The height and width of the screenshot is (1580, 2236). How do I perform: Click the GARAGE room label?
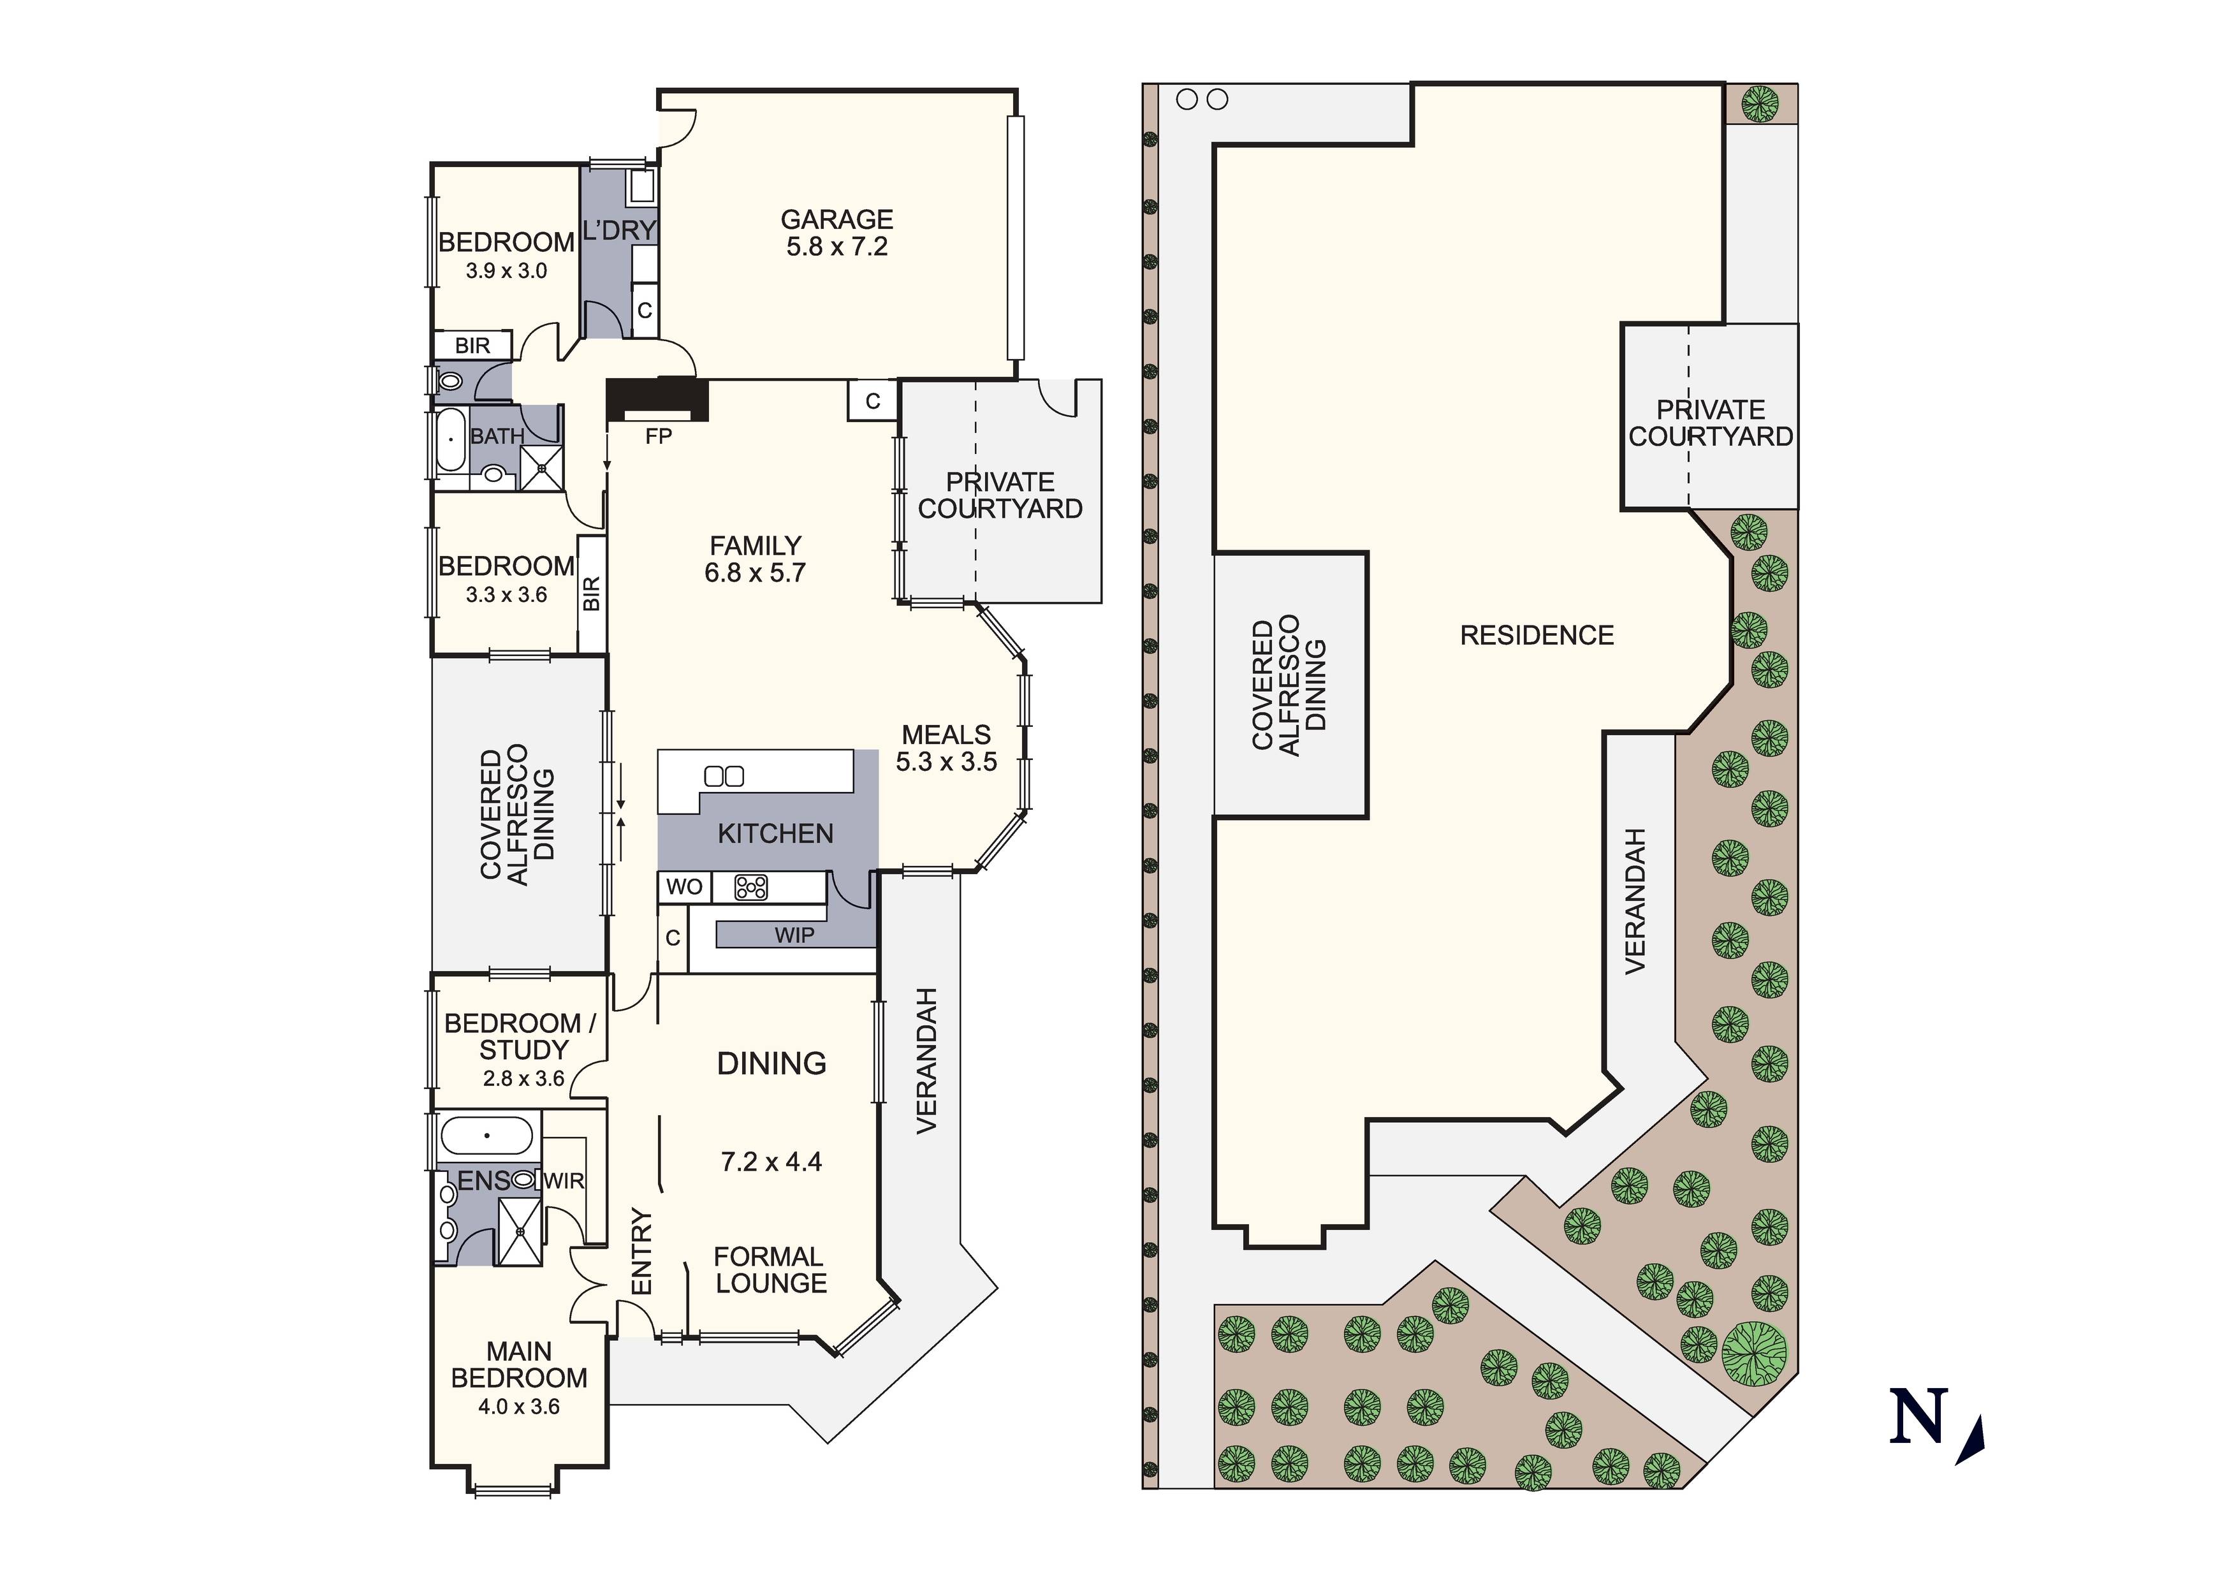(837, 219)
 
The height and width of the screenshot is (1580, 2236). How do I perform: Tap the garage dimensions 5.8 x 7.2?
(837, 247)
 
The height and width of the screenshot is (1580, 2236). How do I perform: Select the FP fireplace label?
(659, 436)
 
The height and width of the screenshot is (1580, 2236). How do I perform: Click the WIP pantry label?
(794, 935)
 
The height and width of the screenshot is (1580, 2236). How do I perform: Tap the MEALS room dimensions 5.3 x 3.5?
(946, 762)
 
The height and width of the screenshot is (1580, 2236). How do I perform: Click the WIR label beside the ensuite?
(564, 1181)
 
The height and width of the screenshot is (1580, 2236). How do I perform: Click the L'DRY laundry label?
(619, 231)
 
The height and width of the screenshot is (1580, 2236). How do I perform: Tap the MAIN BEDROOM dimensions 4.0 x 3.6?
(518, 1407)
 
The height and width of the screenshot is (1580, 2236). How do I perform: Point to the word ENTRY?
(641, 1251)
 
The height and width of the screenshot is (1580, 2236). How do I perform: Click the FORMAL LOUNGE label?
(770, 1270)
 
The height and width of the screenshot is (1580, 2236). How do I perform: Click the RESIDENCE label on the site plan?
(1537, 635)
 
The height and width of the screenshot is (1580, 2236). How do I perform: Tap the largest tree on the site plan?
(1755, 1353)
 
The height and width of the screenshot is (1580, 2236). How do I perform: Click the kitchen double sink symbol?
(724, 777)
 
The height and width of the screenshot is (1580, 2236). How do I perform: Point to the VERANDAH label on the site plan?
(1635, 901)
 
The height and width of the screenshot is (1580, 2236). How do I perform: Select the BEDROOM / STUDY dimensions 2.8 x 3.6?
(523, 1078)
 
